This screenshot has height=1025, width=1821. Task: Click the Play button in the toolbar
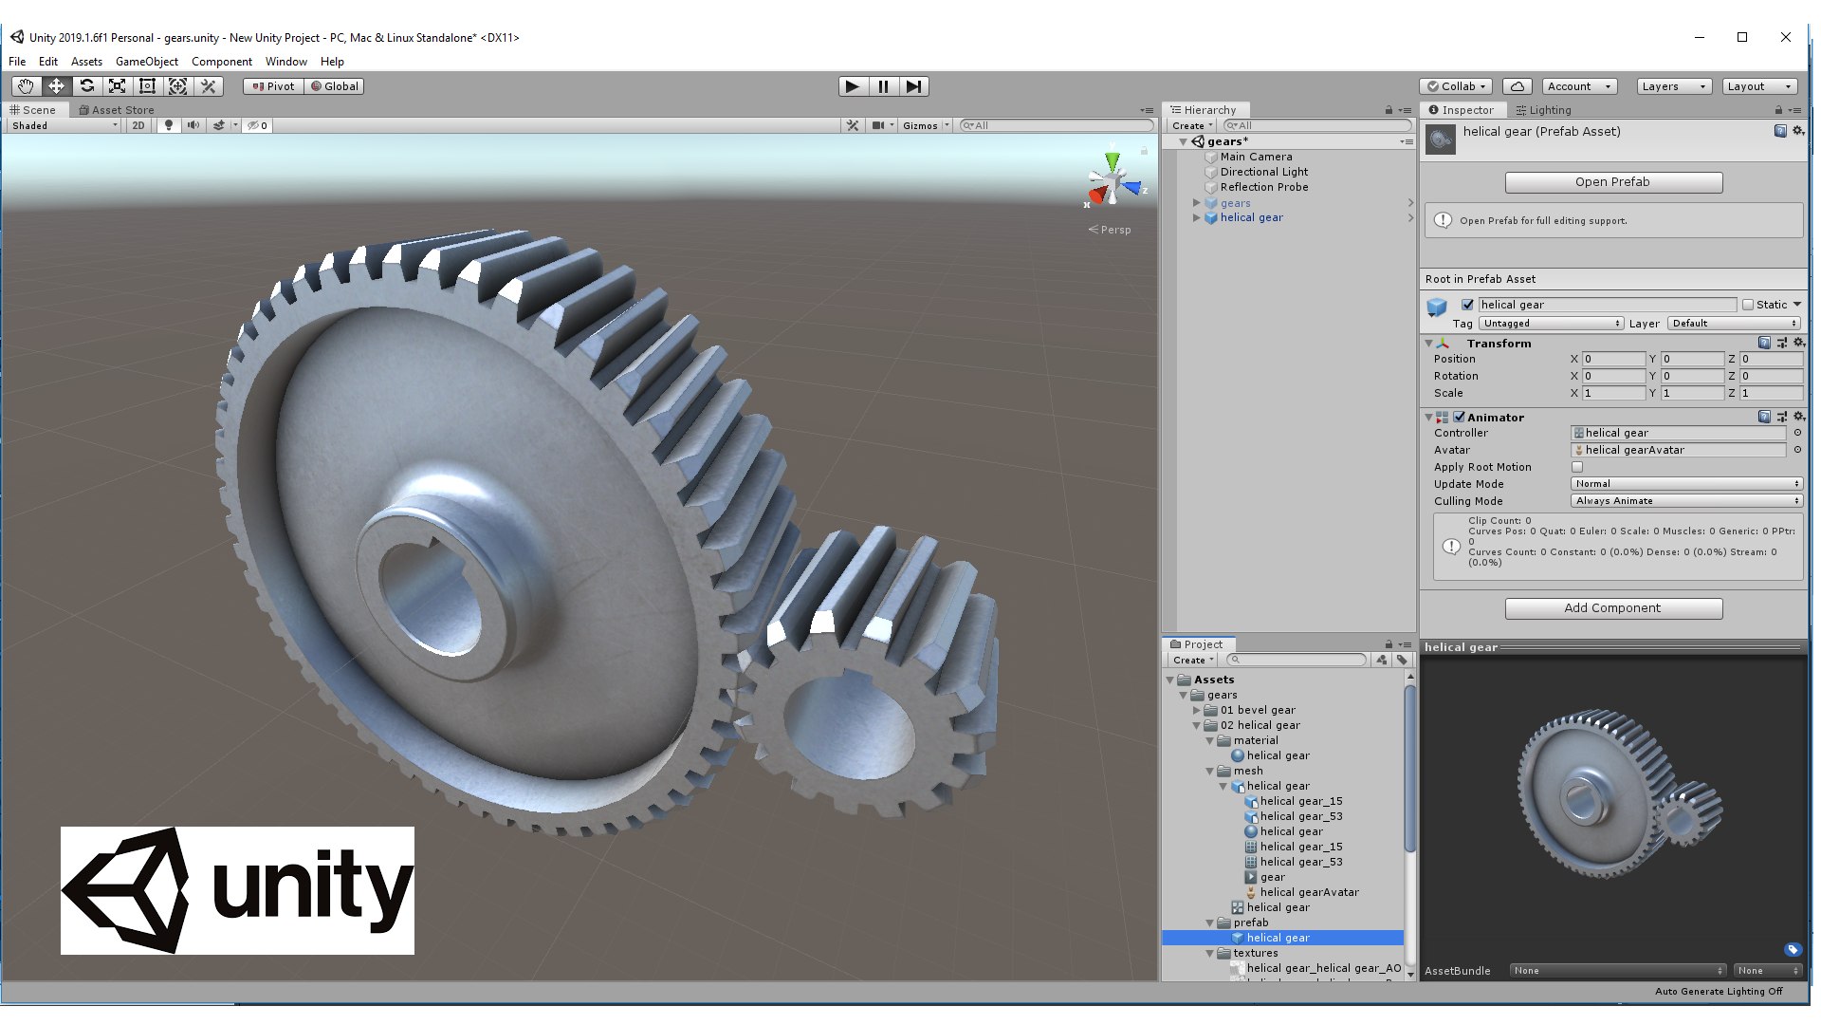[852, 86]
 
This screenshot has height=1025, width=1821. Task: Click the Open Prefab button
[1612, 182]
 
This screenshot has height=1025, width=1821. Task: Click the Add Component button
[1612, 608]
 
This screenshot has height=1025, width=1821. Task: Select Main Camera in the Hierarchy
[1256, 157]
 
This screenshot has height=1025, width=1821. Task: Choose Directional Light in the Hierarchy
[1263, 172]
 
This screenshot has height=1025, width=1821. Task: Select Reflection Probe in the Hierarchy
[1263, 187]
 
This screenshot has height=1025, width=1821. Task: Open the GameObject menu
[146, 62]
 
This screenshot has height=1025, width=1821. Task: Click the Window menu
[285, 62]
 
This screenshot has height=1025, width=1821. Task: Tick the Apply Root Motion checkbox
[1577, 467]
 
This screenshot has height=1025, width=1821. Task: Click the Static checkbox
[1748, 305]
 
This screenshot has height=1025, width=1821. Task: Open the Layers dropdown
[1673, 86]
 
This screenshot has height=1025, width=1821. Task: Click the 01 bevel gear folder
[1257, 710]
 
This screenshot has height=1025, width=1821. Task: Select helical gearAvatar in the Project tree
[1309, 892]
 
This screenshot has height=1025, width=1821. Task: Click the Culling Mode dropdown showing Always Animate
[1685, 501]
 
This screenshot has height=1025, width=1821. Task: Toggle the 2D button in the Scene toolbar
[138, 125]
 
